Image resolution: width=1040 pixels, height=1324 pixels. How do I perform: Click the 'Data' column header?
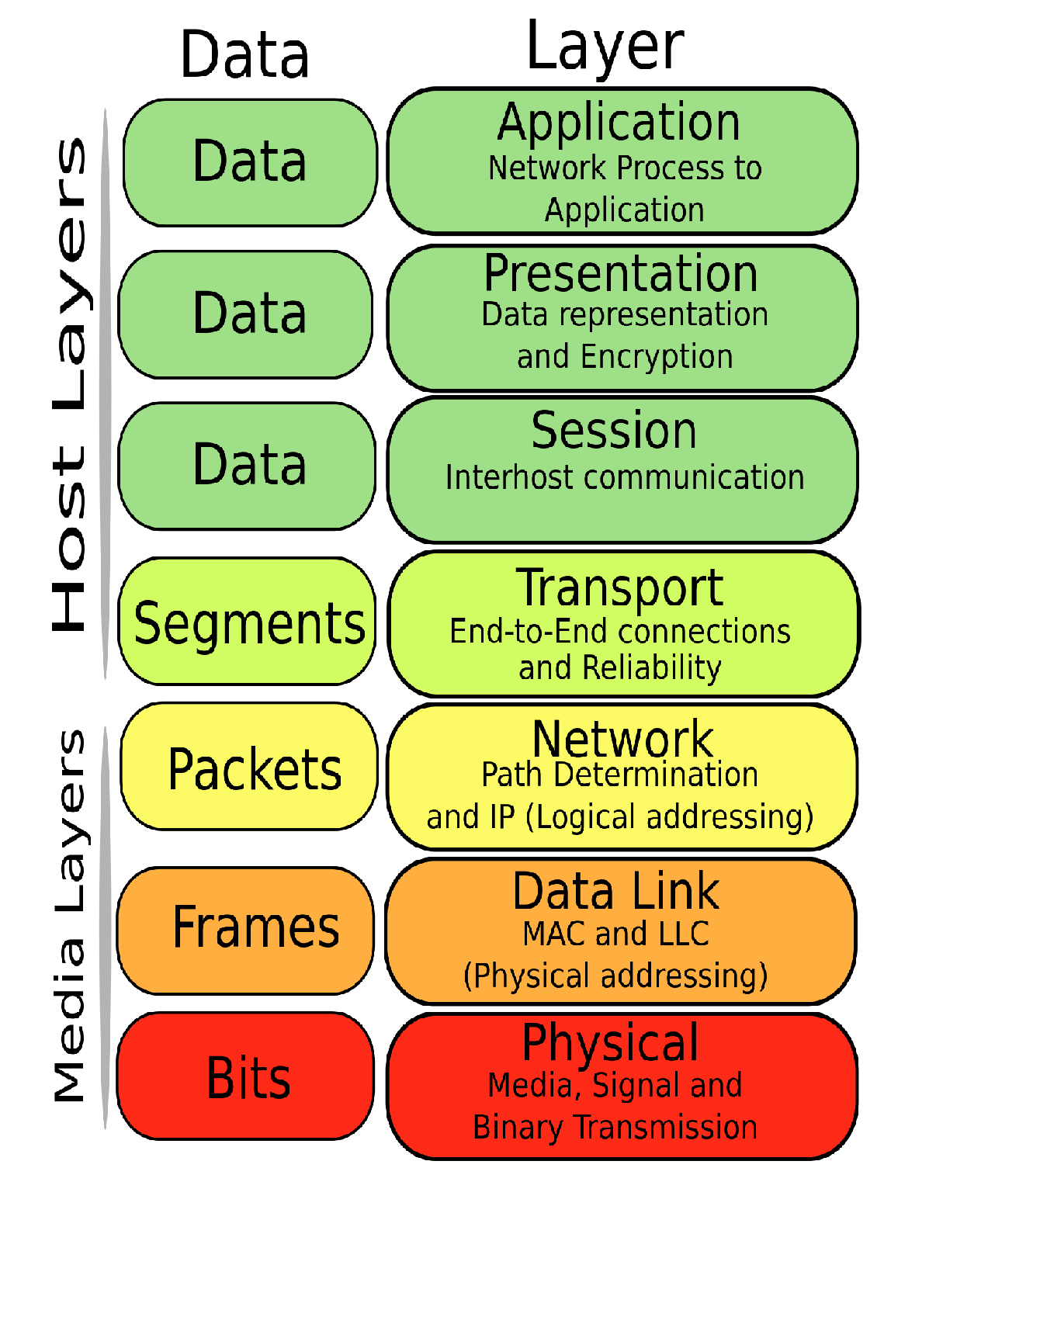[244, 54]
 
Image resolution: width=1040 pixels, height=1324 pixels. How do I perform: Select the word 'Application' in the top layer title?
[619, 123]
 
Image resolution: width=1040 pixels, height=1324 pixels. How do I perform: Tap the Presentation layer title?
[620, 273]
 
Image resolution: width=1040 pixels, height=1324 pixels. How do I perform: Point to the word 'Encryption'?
[656, 357]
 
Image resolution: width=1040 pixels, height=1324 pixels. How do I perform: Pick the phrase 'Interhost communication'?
[625, 477]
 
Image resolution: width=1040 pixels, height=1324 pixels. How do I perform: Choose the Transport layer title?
[620, 587]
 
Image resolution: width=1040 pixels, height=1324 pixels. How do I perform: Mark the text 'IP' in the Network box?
[491, 817]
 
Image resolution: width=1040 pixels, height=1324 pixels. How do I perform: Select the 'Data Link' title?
[616, 891]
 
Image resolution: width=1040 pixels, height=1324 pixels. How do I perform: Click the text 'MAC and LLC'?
[615, 934]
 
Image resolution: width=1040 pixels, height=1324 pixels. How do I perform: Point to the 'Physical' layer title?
[610, 1042]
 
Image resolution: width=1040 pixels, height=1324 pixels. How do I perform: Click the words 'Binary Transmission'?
[615, 1127]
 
